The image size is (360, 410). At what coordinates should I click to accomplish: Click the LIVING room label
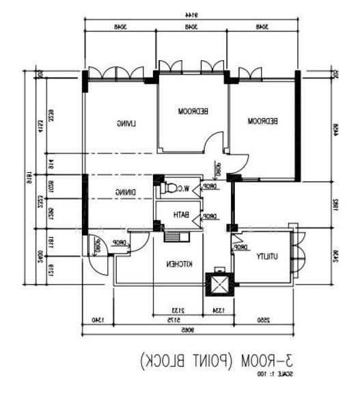[x=126, y=123]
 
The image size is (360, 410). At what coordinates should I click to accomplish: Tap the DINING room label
[x=126, y=192]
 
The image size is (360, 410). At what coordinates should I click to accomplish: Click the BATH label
[x=180, y=216]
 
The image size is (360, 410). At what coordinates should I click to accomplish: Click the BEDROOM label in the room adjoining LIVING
[x=193, y=110]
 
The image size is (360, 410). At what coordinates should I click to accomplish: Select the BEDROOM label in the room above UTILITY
[x=262, y=121]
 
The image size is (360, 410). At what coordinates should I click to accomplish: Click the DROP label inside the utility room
[x=240, y=248]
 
